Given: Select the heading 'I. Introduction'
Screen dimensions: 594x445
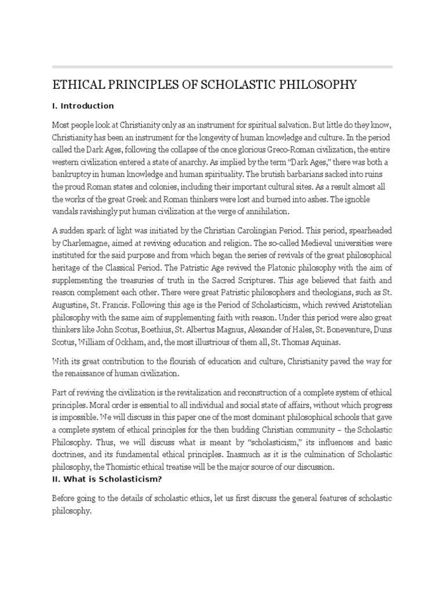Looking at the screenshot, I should click(x=83, y=106).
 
